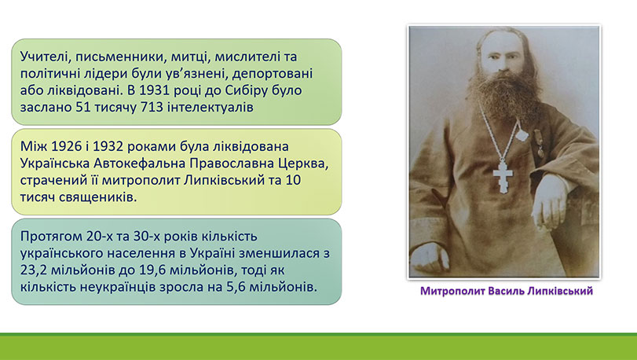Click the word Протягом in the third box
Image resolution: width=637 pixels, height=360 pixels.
click(x=52, y=237)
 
